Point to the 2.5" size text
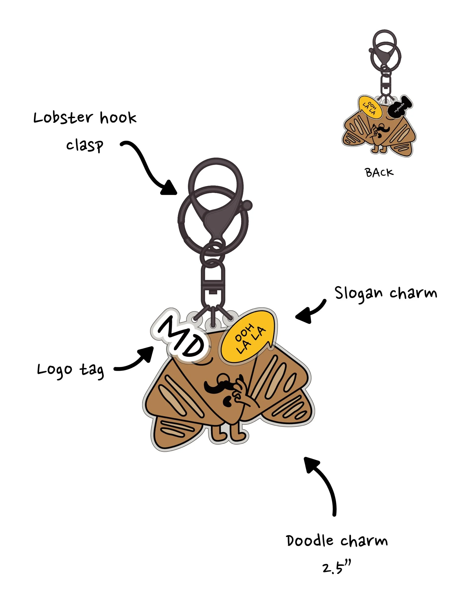click(x=336, y=568)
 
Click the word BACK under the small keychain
click(x=379, y=173)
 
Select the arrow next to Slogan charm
click(x=310, y=312)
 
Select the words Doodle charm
click(x=337, y=541)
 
